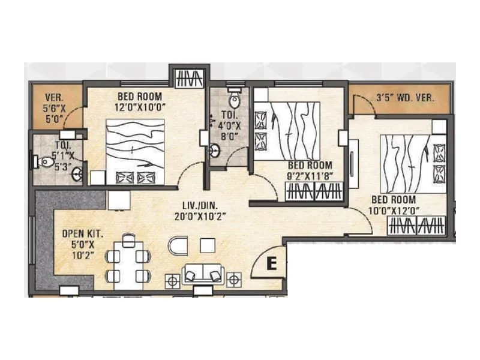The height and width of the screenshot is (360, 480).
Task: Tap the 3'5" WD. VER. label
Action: pyautogui.click(x=403, y=97)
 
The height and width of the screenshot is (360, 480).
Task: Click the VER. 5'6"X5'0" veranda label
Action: pyautogui.click(x=55, y=106)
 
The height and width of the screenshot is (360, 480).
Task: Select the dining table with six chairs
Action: pyautogui.click(x=127, y=259)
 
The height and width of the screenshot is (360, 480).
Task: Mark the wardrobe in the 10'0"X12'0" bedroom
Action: pyautogui.click(x=416, y=226)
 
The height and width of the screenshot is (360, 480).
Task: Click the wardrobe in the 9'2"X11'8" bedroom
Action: pyautogui.click(x=315, y=192)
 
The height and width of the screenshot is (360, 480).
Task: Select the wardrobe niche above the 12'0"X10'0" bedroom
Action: pyautogui.click(x=188, y=77)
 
